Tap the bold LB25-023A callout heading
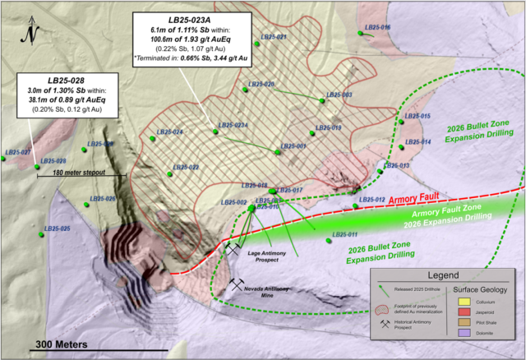pos(193,18)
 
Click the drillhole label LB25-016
pos(378,27)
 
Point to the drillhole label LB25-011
pos(345,235)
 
